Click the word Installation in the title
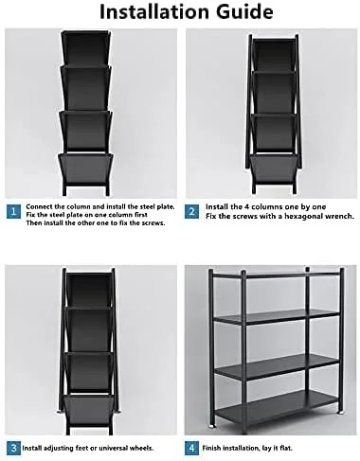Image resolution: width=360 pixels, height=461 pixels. (x=154, y=12)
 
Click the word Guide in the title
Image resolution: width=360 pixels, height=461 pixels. (x=244, y=12)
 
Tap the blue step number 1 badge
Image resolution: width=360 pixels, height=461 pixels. (x=13, y=211)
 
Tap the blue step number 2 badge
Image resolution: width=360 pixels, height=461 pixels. (x=191, y=211)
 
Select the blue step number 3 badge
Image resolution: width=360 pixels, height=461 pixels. (x=13, y=448)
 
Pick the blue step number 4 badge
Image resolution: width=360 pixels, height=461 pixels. (x=191, y=448)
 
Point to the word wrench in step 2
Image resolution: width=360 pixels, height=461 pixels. (x=340, y=216)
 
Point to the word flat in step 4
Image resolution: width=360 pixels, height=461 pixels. (x=286, y=448)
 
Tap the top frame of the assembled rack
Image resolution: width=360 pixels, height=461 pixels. (x=277, y=275)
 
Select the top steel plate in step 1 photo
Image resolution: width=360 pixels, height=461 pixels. (x=85, y=48)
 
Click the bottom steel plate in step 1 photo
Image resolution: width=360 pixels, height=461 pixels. (x=85, y=168)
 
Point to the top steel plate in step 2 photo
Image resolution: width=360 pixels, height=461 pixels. (x=274, y=55)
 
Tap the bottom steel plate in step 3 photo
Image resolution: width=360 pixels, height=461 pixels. (x=89, y=409)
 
